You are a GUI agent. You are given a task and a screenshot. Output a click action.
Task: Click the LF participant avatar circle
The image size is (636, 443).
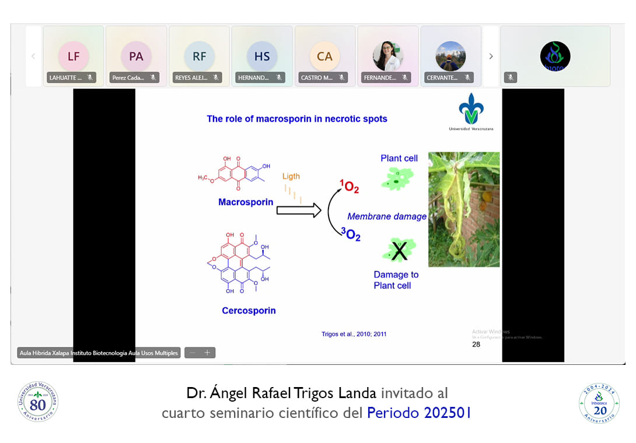coord(74,56)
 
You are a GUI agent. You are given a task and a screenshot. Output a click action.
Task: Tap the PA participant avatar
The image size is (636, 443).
coord(136,56)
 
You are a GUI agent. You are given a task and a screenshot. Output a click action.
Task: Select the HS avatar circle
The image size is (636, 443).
coord(262,56)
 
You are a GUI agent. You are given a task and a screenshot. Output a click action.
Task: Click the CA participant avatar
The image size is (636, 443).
coord(325,56)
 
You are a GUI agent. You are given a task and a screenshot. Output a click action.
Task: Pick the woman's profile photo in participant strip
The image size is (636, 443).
coord(388,56)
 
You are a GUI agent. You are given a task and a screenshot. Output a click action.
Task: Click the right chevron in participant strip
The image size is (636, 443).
coord(491,57)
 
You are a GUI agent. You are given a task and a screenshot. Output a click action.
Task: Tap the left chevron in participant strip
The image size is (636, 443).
coord(33,57)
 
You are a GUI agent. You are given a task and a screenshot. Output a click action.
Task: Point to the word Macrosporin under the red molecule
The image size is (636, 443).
coord(246,202)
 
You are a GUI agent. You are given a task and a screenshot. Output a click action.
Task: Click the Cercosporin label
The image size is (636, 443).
coord(249,311)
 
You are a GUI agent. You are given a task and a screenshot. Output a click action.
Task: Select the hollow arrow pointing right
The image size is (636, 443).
coord(299,210)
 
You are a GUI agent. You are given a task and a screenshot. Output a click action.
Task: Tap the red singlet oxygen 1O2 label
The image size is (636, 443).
coord(350,187)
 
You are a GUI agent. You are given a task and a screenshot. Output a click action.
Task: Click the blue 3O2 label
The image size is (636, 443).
coord(351,234)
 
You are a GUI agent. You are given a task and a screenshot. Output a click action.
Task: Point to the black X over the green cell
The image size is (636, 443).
coord(399,251)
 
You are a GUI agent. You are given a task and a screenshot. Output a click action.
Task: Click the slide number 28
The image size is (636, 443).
coord(476,344)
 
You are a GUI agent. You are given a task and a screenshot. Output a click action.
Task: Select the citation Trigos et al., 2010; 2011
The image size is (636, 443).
coord(354,334)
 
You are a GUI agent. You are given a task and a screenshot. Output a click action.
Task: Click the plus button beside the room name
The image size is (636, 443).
coord(207,353)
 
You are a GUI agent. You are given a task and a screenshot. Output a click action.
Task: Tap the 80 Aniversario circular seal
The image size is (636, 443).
coord(38,402)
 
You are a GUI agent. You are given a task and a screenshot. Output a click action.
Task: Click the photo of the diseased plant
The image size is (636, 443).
coord(464,209)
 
